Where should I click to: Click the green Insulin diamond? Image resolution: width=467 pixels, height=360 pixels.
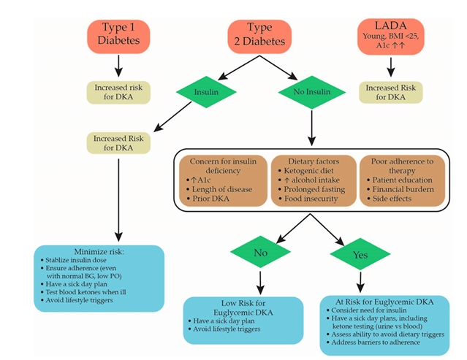(205, 92)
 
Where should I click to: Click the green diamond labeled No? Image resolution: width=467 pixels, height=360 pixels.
(261, 254)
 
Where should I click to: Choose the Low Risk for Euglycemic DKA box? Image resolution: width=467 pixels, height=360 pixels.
(242, 319)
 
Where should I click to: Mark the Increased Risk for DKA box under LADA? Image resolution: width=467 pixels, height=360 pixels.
(391, 92)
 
